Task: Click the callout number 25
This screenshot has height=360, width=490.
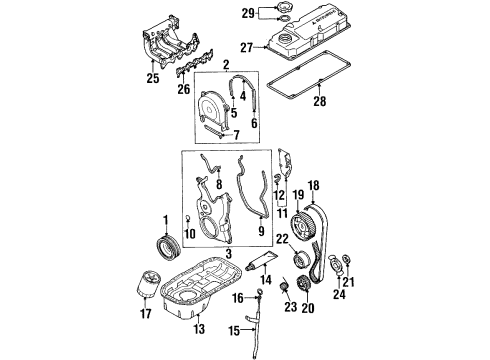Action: coord(153,78)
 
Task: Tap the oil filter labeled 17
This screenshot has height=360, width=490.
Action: coord(148,283)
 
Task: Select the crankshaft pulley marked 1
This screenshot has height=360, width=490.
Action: coord(168,248)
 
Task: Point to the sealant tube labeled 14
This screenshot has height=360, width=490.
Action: coord(261,260)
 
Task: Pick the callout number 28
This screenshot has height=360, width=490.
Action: coord(319,101)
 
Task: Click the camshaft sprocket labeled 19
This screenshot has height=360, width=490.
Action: coord(301,227)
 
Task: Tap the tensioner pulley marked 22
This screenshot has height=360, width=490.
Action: coord(301,259)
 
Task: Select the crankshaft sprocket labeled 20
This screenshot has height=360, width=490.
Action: coord(303,283)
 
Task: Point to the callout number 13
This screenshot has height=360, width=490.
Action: coord(199,329)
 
